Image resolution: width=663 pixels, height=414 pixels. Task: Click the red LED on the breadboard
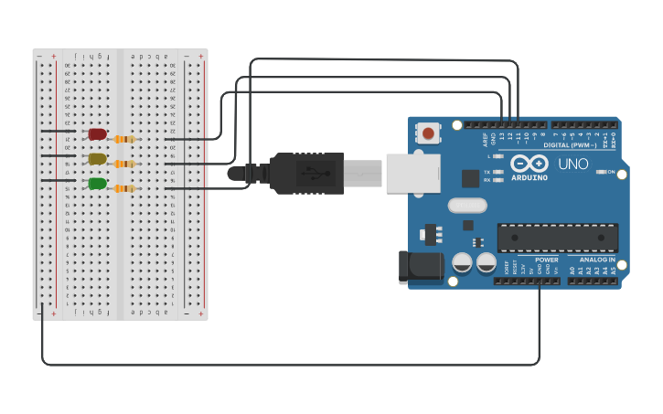tap(97, 134)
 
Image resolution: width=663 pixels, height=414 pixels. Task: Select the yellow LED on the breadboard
tap(97, 159)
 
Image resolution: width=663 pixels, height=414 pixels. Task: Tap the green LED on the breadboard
tap(97, 184)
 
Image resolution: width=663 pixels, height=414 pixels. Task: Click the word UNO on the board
tap(573, 165)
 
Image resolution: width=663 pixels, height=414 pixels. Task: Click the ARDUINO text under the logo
tap(529, 178)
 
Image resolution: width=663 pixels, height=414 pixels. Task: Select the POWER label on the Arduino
tap(547, 260)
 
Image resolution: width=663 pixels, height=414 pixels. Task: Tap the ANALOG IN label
tap(597, 260)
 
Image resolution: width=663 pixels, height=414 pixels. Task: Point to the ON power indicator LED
tap(601, 172)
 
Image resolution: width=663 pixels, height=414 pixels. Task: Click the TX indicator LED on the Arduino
tap(498, 172)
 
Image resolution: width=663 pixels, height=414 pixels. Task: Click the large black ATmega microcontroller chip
tap(557, 238)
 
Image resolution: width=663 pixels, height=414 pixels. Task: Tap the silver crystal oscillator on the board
tap(467, 207)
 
